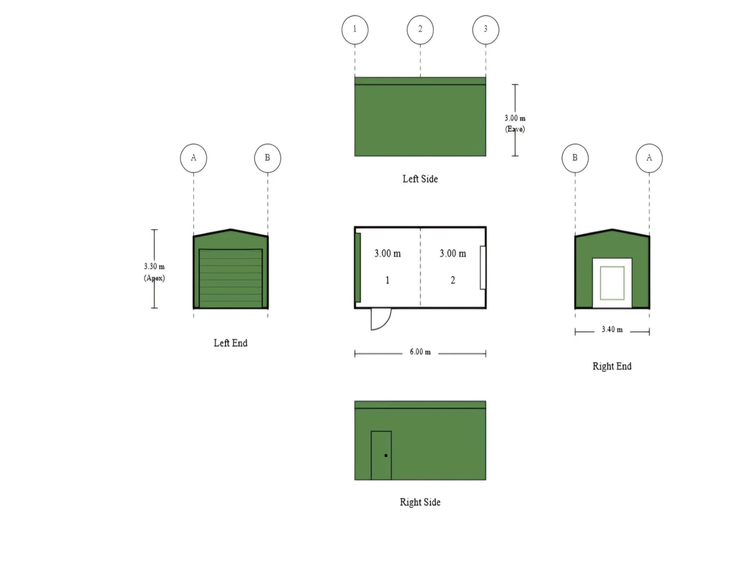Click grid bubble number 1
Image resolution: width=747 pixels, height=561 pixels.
355,30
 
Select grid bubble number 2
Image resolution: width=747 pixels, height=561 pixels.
420,30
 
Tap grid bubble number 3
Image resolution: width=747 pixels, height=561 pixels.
486,30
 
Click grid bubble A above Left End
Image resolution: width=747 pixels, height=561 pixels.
193,158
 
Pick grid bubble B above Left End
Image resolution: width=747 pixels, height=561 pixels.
268,158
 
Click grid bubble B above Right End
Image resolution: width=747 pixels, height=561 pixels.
575,158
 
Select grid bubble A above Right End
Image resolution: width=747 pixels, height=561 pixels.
649,158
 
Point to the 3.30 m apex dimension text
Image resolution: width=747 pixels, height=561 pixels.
154,272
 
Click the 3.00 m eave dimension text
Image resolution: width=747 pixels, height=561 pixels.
515,123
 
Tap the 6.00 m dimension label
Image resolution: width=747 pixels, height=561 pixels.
420,352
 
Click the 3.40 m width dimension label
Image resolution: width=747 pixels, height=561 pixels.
612,329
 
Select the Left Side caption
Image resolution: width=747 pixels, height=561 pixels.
420,179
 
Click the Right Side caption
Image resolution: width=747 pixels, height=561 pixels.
420,502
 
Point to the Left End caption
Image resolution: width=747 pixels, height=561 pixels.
230,343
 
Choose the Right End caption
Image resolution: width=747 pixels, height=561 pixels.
612,366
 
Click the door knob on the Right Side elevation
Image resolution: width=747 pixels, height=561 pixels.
385,456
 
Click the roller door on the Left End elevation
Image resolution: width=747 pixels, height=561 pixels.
230,278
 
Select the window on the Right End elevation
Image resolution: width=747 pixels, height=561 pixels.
612,283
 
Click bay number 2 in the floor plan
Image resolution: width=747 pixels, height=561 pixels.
453,280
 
